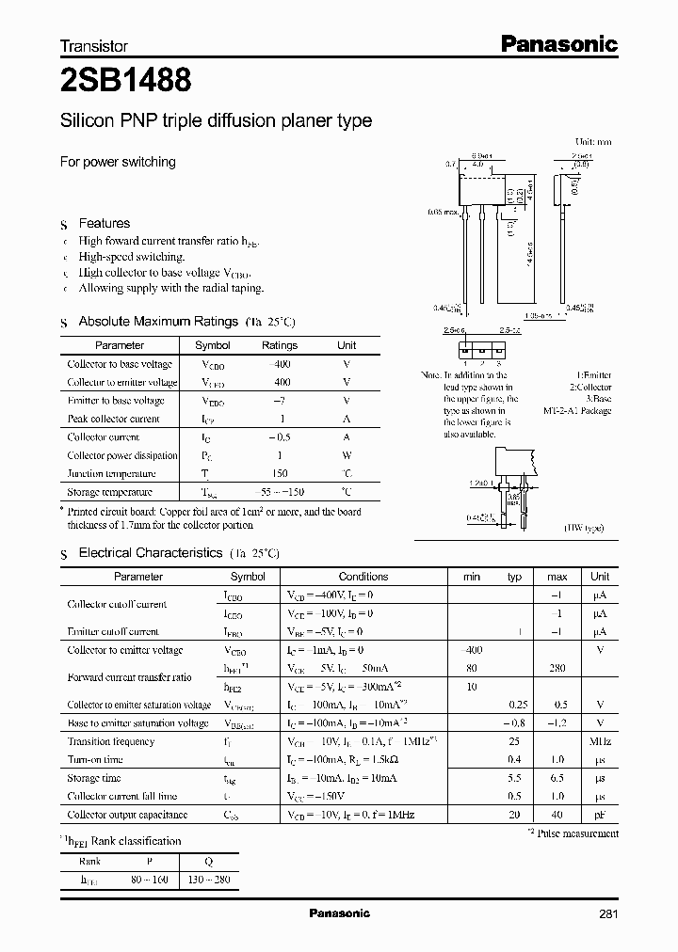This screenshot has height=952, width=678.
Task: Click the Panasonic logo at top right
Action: point(557,43)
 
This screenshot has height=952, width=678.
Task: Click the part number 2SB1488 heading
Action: point(126,81)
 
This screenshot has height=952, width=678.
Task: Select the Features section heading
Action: point(104,223)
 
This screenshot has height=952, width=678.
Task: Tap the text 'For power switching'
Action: point(118,162)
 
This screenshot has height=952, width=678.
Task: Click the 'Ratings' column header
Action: point(280,345)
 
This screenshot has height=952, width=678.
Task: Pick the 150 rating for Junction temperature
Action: point(280,474)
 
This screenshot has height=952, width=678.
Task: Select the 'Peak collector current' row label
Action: point(114,419)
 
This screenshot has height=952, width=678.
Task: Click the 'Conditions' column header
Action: point(363,577)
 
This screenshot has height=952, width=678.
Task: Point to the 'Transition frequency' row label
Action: point(111,741)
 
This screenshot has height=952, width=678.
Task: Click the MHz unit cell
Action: point(600,741)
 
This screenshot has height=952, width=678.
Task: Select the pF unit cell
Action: point(600,815)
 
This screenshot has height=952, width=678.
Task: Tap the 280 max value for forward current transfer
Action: point(557,669)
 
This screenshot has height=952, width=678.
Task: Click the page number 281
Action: point(608,913)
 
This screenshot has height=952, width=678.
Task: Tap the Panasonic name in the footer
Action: point(339,913)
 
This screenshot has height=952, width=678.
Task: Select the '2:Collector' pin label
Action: point(589,387)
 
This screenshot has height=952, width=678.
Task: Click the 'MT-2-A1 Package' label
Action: point(577,411)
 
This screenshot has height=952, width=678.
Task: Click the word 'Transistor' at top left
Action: point(94,45)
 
